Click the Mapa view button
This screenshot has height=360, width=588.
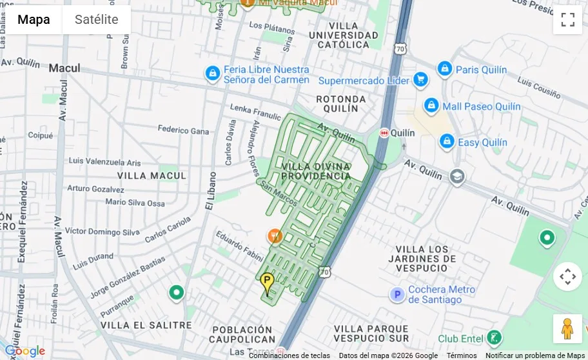[x=34, y=19]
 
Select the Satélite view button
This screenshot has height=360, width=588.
[x=97, y=19]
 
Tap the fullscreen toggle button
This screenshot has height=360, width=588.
[x=567, y=19]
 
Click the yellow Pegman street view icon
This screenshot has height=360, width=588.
[x=567, y=329]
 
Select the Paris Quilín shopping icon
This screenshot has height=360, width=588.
[x=444, y=69]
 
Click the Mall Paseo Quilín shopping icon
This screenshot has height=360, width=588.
[x=431, y=106]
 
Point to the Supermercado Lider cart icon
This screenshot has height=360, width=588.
[x=421, y=80]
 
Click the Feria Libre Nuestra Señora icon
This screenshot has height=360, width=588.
[x=212, y=74]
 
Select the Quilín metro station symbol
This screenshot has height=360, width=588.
[x=385, y=132]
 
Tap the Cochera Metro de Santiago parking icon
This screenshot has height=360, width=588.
[x=397, y=295]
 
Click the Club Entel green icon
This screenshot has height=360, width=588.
[x=494, y=337]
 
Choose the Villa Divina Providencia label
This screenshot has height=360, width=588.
[x=317, y=171]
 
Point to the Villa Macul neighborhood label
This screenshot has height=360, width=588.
[x=152, y=175]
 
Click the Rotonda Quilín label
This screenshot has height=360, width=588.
[x=341, y=104]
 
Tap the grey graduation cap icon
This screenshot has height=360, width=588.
[x=457, y=177]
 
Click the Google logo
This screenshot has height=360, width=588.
[x=24, y=351]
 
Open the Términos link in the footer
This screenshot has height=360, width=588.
[x=462, y=355]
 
